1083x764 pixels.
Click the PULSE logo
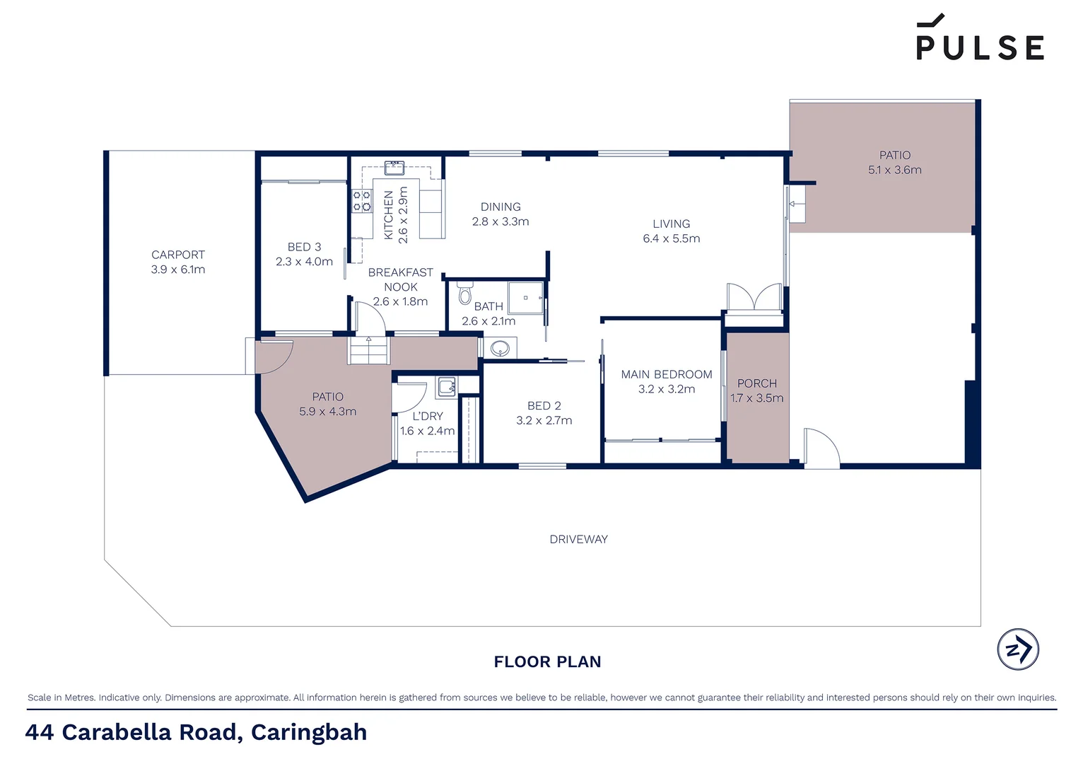(x=980, y=39)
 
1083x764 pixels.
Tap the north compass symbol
(x=1018, y=649)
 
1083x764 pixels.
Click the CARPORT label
(x=178, y=255)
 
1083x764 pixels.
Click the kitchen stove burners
(x=362, y=201)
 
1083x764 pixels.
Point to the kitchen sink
(x=394, y=168)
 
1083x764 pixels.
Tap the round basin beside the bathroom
(x=500, y=348)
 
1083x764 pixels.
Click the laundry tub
(x=447, y=386)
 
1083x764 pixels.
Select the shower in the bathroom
(x=526, y=298)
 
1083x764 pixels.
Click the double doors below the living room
(x=754, y=297)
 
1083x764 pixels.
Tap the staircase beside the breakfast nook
(x=368, y=350)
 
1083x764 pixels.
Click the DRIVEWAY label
(x=578, y=539)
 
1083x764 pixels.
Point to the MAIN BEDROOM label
(x=666, y=374)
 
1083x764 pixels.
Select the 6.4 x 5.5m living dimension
(x=671, y=238)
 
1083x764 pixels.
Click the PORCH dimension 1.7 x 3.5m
(x=756, y=398)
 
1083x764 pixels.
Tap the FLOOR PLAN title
(x=547, y=661)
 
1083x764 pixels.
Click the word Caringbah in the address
(x=309, y=731)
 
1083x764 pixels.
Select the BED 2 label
(x=544, y=405)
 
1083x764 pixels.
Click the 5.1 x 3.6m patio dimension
(x=894, y=170)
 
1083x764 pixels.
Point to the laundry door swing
(x=411, y=398)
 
